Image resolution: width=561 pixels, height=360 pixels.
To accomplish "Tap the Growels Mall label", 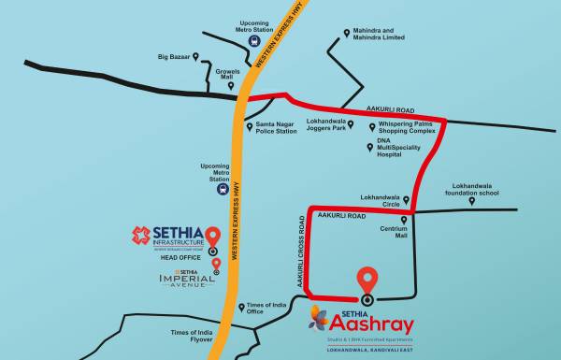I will click(x=229, y=75).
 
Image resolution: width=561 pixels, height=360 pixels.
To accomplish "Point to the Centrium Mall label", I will click(x=394, y=231).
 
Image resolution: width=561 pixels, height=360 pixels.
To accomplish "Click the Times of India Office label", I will click(x=266, y=309).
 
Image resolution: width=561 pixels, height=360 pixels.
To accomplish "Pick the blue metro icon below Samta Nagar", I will click(x=222, y=188).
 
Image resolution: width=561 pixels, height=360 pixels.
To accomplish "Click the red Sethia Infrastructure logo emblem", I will click(x=141, y=235).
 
